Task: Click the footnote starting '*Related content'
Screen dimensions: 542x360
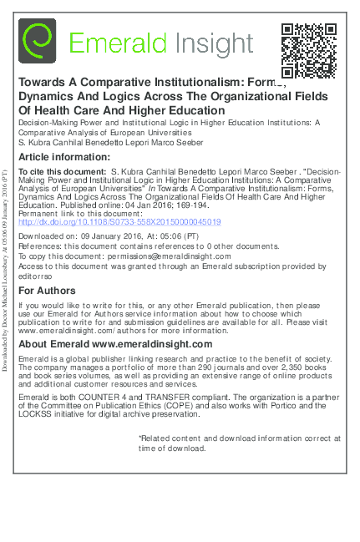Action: (x=238, y=443)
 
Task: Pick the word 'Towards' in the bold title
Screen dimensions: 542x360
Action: (x=43, y=84)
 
